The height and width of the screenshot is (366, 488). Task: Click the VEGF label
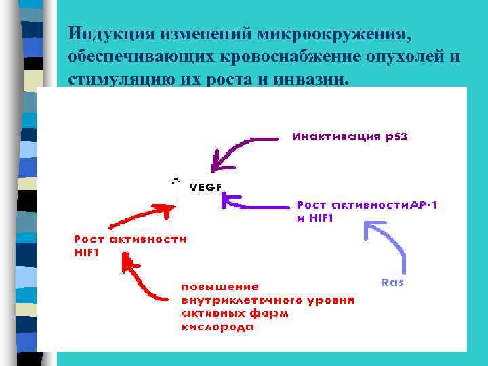[x=205, y=188]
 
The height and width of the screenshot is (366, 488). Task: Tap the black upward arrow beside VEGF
[x=176, y=186]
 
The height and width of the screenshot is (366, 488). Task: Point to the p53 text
[x=397, y=136]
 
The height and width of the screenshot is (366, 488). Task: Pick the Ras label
[x=392, y=282]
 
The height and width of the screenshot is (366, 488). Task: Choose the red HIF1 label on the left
[x=87, y=252]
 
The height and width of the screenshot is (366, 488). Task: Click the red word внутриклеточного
[x=237, y=300]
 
